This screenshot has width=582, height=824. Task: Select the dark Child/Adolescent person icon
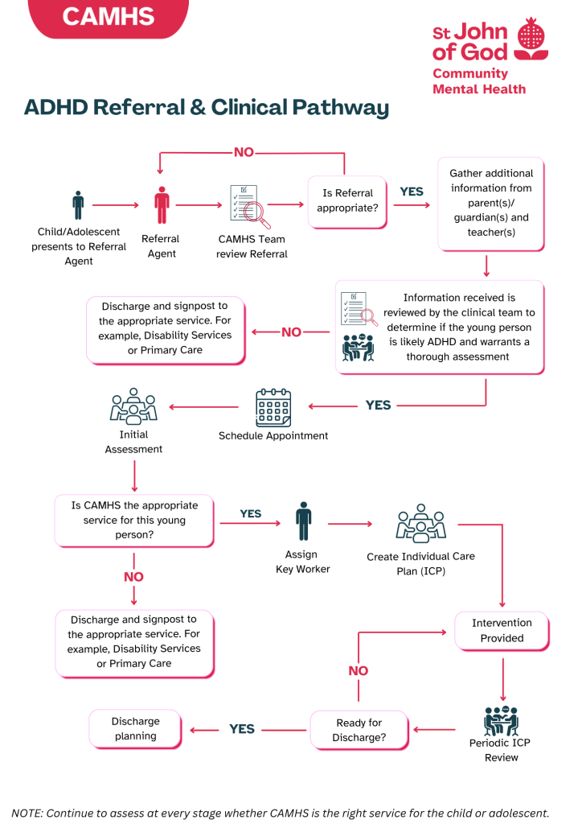[78, 205]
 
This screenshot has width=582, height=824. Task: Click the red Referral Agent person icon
[162, 205]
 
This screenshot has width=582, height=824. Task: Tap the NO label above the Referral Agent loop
[244, 152]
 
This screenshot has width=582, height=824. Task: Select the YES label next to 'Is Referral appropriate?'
[412, 192]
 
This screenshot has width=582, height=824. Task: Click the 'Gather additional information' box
[490, 203]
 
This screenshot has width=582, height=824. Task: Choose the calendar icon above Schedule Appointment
[273, 408]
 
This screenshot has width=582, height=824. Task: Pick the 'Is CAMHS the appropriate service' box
[133, 520]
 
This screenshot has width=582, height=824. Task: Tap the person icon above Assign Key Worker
[302, 521]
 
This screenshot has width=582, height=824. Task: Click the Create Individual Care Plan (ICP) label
[420, 563]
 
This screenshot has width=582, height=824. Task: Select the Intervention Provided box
[502, 631]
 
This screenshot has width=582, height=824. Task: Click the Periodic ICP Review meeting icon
[501, 720]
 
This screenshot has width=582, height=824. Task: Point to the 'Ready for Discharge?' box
[359, 730]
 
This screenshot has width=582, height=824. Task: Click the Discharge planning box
[135, 728]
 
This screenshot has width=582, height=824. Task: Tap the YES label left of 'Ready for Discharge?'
[242, 729]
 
